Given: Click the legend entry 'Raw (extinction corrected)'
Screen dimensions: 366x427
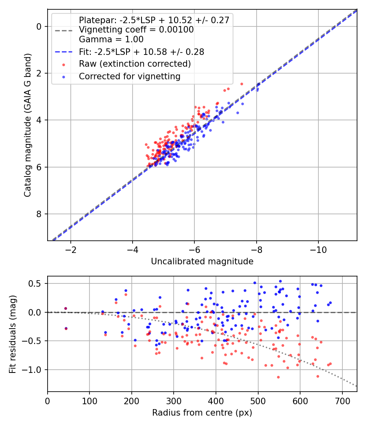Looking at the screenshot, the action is [135, 64].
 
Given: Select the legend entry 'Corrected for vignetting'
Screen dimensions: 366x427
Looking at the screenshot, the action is [130, 76].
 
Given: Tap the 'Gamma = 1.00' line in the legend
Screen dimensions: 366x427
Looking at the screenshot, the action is [111, 39].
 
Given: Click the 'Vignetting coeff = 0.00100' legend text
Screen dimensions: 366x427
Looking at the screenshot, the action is [136, 30].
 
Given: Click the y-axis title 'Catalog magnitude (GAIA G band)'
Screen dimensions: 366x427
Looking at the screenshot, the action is [27, 125].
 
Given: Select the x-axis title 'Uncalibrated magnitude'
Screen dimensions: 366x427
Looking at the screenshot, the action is [202, 261].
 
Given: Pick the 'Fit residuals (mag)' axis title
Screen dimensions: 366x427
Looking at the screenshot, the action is [13, 334].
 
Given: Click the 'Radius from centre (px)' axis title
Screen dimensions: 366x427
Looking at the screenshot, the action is [202, 413].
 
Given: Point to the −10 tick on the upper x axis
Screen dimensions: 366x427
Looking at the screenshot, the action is [318, 249].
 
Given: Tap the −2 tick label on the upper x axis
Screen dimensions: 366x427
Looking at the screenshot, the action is [70, 249].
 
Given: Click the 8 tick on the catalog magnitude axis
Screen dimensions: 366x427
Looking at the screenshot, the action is [39, 214].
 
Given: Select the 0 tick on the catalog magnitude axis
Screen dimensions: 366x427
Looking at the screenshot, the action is [39, 27].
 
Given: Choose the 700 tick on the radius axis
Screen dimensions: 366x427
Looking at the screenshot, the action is [342, 401].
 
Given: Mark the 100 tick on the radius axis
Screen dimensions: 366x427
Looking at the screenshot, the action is [89, 401].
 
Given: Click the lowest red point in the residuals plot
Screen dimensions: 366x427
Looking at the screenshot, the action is [278, 377].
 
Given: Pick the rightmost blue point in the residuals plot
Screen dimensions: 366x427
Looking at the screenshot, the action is [330, 303].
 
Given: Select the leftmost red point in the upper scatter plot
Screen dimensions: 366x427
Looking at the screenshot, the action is [146, 145].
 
